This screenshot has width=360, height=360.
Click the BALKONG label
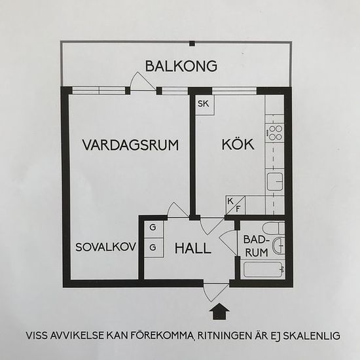click(x=181, y=66)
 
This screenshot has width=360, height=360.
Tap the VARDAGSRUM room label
click(x=130, y=145)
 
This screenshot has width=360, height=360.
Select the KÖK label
click(x=238, y=144)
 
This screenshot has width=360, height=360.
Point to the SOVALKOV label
click(x=105, y=247)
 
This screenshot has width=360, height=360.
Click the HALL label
click(x=193, y=249)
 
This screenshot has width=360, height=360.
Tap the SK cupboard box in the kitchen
click(x=205, y=105)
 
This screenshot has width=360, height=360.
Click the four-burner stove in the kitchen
click(x=276, y=133)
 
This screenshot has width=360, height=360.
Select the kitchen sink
click(x=275, y=181)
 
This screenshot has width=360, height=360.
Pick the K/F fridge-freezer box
click(x=236, y=205)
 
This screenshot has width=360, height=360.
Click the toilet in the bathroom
click(x=274, y=228)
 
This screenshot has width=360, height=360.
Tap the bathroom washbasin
click(x=279, y=245)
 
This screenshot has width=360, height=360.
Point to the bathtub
click(x=263, y=270)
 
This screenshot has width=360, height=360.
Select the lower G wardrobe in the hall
click(x=154, y=247)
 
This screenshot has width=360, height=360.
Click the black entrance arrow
click(x=220, y=311)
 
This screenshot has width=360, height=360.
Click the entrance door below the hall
click(x=216, y=292)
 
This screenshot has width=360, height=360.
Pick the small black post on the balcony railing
click(x=192, y=43)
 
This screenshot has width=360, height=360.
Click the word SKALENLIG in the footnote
click(x=312, y=336)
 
